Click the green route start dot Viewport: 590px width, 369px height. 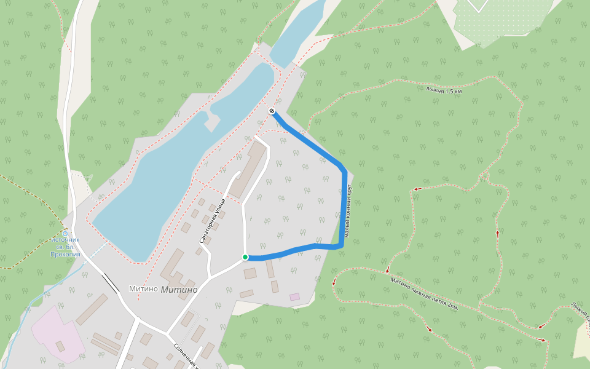245,257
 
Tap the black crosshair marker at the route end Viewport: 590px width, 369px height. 272,111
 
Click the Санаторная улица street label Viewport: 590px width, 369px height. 212,221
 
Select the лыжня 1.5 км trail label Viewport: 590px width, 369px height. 444,90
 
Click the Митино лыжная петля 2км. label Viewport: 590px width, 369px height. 424,293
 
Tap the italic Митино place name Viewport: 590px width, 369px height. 179,290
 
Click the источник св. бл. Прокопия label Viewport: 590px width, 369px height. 66,247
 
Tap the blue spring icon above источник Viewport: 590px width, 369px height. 66,233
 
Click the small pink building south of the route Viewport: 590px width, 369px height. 295,296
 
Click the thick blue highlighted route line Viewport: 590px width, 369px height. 343,209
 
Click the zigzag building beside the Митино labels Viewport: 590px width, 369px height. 176,274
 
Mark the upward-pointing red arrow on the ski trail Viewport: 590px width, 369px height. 498,234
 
